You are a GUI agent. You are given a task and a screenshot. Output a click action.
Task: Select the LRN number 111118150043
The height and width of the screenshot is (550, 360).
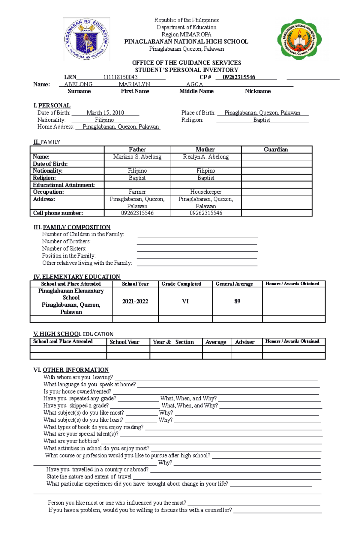[120, 77]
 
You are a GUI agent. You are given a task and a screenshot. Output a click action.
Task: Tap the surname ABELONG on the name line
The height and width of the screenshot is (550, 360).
[78, 85]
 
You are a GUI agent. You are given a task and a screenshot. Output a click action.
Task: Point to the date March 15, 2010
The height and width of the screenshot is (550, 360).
[105, 113]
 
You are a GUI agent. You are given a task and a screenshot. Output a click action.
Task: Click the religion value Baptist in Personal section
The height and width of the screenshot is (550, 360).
[262, 120]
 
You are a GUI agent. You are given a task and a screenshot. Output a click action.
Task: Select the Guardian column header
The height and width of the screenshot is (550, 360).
[276, 150]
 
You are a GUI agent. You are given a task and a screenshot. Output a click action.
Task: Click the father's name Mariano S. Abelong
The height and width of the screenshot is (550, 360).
[137, 157]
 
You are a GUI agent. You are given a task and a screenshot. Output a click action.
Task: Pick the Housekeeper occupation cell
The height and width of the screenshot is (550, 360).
[206, 192]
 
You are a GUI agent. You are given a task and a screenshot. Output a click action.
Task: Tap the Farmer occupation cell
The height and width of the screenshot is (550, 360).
[137, 192]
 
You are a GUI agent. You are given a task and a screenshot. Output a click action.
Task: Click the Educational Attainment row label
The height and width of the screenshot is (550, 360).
[64, 185]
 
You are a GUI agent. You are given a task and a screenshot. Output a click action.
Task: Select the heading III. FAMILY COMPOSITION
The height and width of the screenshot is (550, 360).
[72, 227]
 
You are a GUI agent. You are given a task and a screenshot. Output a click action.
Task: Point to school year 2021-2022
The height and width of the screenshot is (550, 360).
[135, 302]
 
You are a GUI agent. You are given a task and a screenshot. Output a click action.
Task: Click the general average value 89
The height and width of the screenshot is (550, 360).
[237, 301]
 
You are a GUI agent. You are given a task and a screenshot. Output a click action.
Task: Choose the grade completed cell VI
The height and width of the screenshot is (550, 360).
[185, 301]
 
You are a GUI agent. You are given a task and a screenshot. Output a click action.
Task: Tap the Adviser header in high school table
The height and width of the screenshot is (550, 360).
[244, 342]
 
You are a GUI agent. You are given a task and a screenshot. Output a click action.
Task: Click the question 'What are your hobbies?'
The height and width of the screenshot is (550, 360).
[71, 441]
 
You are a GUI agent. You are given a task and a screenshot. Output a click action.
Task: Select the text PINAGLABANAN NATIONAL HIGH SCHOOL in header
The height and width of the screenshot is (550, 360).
[186, 42]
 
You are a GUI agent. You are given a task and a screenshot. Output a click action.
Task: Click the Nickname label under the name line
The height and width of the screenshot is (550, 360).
[258, 91]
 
